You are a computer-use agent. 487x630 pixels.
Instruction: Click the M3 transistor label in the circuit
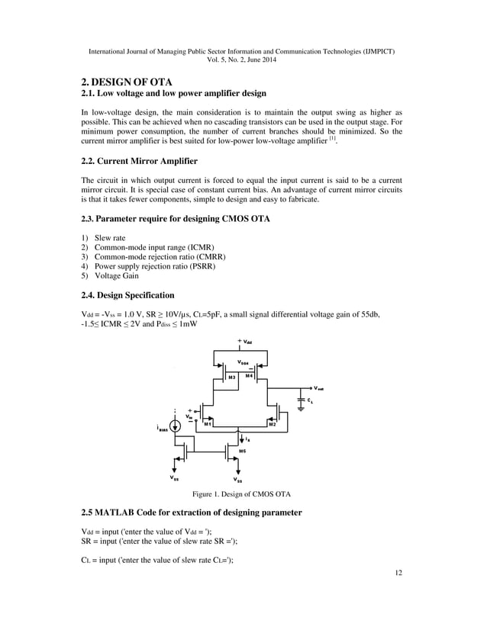click(x=232, y=377)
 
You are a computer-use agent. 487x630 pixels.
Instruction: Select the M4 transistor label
click(x=250, y=376)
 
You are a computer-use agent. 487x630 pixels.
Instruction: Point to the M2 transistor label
click(x=282, y=423)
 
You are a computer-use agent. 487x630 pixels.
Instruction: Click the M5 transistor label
click(x=243, y=452)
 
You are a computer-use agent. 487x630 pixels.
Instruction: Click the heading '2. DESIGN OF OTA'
click(x=127, y=82)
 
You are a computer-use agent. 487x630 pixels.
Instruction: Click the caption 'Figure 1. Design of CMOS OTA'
click(x=243, y=493)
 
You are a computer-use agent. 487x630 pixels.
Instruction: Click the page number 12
click(x=398, y=571)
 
